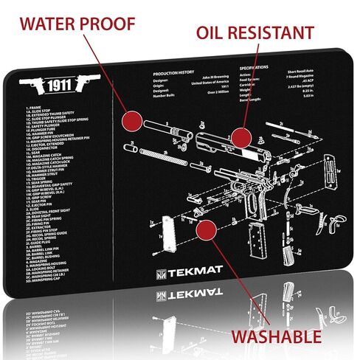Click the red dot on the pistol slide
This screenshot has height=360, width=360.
point(239,136)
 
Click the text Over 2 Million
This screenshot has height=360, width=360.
point(221,103)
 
